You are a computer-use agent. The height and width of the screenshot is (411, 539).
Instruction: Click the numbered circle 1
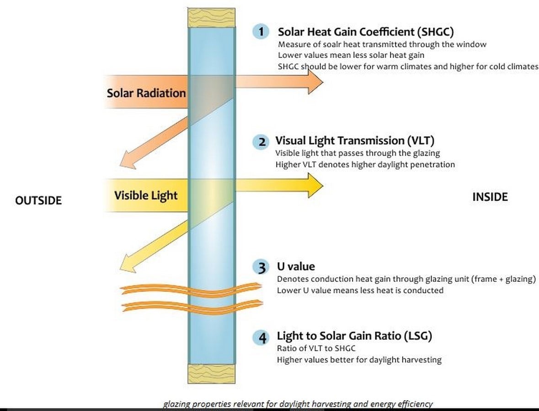point(261,32)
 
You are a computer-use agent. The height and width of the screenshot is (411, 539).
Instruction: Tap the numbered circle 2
point(261,142)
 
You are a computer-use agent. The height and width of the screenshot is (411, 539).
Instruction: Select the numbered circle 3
point(261,267)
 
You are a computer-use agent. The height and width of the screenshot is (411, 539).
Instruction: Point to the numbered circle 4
point(261,337)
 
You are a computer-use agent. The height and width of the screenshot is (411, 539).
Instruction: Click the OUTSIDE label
point(38,200)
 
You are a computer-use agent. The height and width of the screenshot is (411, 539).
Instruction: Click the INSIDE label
point(490,197)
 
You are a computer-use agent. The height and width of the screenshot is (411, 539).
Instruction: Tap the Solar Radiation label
point(146,93)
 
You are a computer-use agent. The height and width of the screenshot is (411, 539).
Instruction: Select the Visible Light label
point(146,195)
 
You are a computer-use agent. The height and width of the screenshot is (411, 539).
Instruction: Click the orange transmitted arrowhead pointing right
point(315,82)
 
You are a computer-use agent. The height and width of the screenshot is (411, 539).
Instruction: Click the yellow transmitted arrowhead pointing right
point(315,185)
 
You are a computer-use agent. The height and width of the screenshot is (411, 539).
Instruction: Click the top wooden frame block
point(211,17)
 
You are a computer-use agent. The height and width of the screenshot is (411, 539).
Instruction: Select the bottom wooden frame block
point(211,374)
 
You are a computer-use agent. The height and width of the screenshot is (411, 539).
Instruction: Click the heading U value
point(296,266)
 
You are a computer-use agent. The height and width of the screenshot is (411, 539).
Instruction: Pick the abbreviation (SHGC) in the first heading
point(436,32)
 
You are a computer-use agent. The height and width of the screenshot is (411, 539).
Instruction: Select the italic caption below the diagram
point(298,404)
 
